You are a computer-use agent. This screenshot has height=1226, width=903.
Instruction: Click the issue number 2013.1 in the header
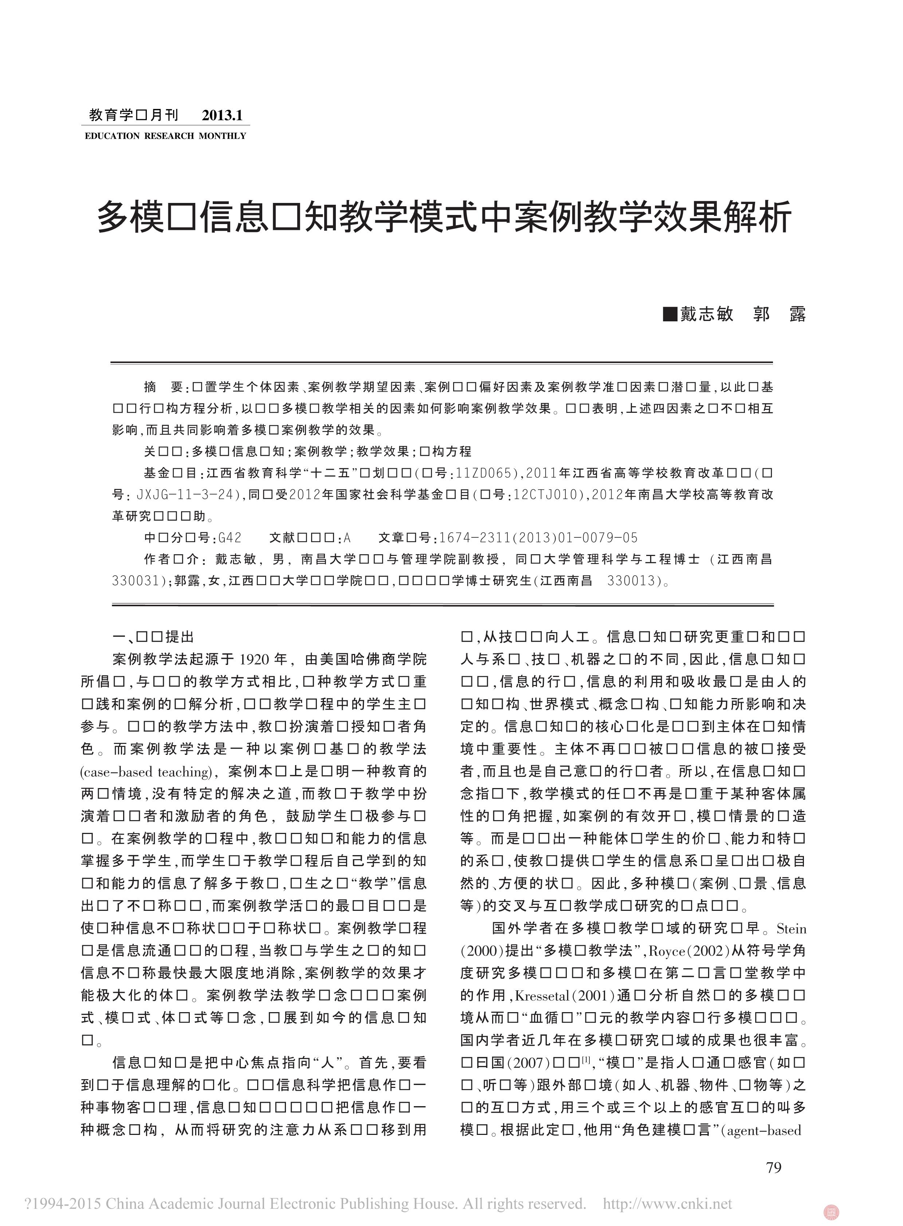click(x=222, y=115)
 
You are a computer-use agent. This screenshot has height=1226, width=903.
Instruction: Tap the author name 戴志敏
click(x=707, y=314)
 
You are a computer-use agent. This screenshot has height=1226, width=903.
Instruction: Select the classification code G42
click(x=229, y=538)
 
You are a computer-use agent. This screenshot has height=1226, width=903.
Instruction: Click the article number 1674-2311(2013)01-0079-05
click(x=538, y=538)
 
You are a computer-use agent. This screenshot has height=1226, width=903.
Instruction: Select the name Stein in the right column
click(x=791, y=929)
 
